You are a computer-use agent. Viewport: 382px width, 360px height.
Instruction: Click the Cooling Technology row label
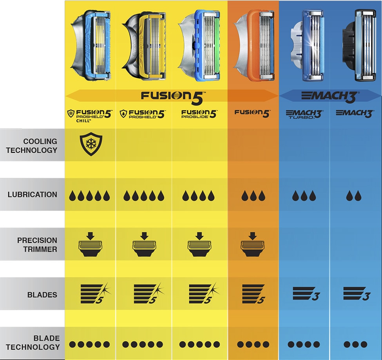32,145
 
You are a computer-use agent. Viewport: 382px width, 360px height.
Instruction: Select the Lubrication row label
32,194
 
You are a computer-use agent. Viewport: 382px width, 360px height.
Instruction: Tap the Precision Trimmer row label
37,244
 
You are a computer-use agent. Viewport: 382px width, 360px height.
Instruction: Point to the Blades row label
42,295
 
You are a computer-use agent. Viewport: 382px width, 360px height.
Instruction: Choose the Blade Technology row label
33,342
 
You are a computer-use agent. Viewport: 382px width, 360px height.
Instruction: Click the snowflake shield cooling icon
91,144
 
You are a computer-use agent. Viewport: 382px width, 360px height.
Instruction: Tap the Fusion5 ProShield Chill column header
90,115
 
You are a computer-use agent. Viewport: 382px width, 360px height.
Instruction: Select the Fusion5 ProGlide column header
199,114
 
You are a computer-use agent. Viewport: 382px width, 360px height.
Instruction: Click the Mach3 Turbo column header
304,114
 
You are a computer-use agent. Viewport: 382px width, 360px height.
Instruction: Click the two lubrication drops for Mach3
353,196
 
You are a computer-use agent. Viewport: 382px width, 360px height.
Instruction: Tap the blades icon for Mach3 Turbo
306,293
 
